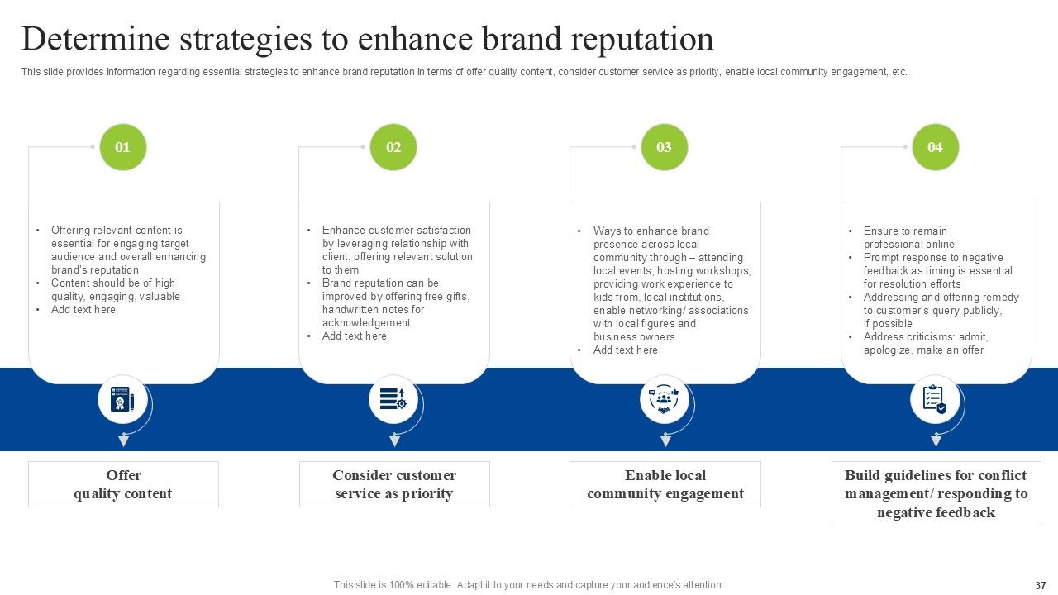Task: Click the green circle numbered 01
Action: [x=122, y=147]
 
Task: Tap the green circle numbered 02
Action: [x=393, y=147]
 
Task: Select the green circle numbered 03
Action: [x=664, y=147]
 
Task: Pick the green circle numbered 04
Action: [x=935, y=147]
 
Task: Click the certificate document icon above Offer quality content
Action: [x=122, y=400]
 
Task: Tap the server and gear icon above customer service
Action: [x=393, y=400]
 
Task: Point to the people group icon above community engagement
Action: [x=664, y=400]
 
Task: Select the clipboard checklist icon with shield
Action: [x=935, y=400]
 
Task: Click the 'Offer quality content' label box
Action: [x=123, y=484]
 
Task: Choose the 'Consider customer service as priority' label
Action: [x=394, y=484]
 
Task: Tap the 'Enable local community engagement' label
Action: [x=665, y=484]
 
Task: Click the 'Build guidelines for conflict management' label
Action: [x=936, y=493]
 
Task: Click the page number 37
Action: [x=1040, y=585]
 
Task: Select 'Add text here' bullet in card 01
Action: [x=83, y=310]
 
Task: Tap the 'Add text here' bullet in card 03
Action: [x=626, y=350]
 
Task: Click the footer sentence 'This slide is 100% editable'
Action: [x=528, y=585]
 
